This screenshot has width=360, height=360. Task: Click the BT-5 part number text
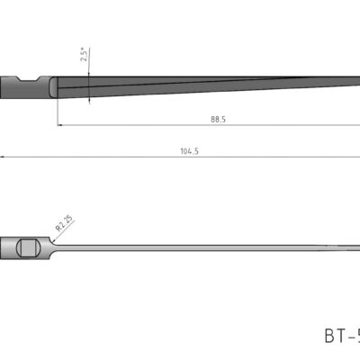click(341, 336)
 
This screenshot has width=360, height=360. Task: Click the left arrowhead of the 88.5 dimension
click(60, 124)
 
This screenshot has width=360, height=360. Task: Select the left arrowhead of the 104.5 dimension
click(4, 157)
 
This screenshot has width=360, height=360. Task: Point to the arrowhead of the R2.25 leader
click(51, 238)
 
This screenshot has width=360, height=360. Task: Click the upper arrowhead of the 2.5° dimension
click(89, 74)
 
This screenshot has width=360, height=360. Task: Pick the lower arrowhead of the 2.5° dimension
click(89, 102)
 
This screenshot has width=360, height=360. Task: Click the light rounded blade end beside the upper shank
click(53, 87)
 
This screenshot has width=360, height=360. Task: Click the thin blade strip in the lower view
click(198, 246)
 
